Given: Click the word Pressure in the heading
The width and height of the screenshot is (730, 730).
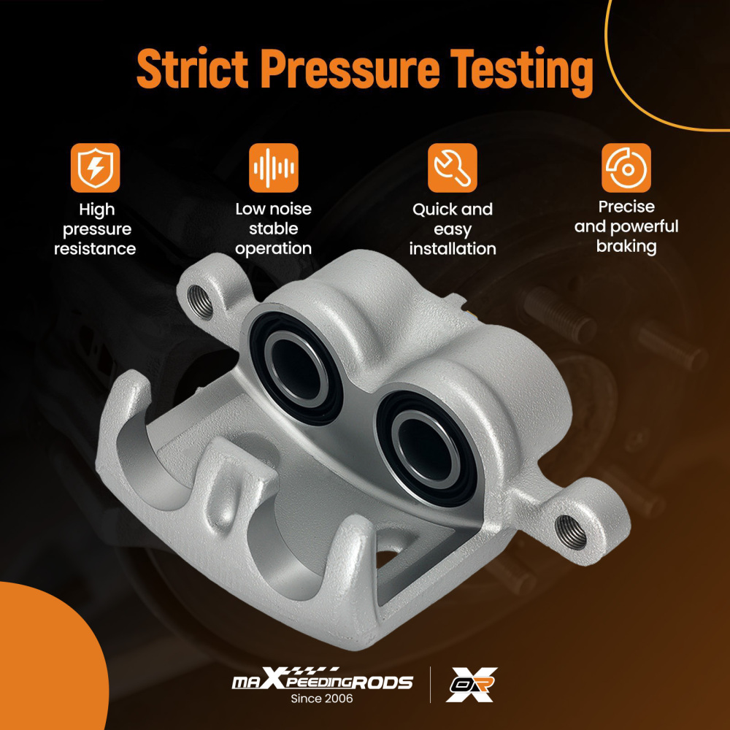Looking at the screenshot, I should pyautogui.click(x=350, y=69).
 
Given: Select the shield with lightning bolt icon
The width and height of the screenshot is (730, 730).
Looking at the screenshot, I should pyautogui.click(x=95, y=168).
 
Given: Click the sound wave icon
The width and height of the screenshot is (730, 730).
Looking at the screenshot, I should pyautogui.click(x=274, y=168).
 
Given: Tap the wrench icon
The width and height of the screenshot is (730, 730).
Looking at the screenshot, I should pyautogui.click(x=452, y=168).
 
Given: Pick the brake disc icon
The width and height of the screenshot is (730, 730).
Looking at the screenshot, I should pyautogui.click(x=626, y=168).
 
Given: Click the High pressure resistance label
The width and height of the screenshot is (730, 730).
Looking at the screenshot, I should pyautogui.click(x=95, y=229).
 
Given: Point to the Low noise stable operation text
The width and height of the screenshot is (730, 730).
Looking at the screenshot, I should pyautogui.click(x=274, y=228).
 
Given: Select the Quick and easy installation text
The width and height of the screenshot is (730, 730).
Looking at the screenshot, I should pyautogui.click(x=452, y=229).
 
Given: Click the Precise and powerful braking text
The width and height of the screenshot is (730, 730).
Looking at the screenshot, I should pyautogui.click(x=626, y=226).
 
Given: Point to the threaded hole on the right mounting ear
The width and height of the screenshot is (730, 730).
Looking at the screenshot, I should pyautogui.click(x=570, y=532).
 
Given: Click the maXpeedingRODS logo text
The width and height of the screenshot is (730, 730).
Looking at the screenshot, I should pyautogui.click(x=322, y=683).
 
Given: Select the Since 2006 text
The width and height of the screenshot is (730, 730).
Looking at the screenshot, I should pyautogui.click(x=322, y=699).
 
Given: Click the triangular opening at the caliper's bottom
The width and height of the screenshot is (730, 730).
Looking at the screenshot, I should pyautogui.click(x=398, y=569).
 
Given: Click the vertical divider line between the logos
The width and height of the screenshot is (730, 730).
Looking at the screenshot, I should pyautogui.click(x=430, y=685).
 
